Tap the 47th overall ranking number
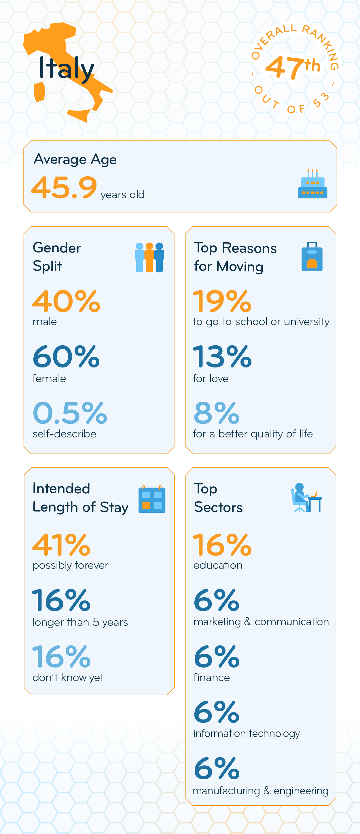[x=292, y=67]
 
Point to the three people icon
[x=149, y=257]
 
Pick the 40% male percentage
[x=66, y=302]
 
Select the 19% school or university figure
[x=222, y=302]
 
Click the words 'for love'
[x=211, y=378]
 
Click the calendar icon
[x=152, y=499]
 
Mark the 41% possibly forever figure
[x=62, y=545]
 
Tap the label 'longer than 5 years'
[x=80, y=622]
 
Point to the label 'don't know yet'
[x=68, y=677]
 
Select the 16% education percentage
[x=222, y=545]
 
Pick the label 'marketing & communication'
[x=261, y=622]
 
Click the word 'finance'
[x=211, y=677]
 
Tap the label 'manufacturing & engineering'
[x=260, y=791]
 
